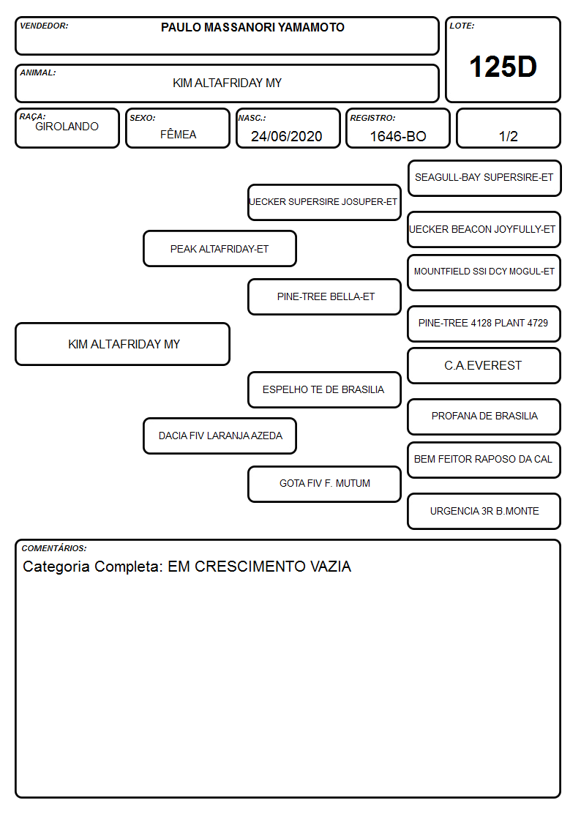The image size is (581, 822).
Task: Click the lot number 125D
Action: tap(503, 67)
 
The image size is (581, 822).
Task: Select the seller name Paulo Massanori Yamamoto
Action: tap(252, 27)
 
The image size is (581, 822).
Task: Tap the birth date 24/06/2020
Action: tap(287, 136)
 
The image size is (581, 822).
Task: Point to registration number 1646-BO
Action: tap(398, 136)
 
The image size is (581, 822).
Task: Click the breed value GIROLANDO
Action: tap(67, 127)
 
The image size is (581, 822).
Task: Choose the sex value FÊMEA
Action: tap(178, 134)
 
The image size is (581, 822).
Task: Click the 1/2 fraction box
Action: tap(508, 128)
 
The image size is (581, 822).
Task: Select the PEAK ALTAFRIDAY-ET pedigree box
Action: tap(220, 248)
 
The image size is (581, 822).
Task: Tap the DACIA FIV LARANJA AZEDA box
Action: tap(220, 436)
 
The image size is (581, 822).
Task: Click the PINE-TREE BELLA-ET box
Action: tap(324, 296)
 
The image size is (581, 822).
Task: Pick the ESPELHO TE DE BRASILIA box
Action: tap(324, 389)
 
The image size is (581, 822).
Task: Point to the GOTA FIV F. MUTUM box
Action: tap(324, 484)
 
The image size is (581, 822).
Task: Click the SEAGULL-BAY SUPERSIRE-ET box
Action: tap(484, 179)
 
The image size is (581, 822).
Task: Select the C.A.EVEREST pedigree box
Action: tap(484, 365)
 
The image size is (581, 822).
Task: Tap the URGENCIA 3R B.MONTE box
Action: tap(484, 511)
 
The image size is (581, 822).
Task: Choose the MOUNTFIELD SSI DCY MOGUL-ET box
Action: tap(484, 272)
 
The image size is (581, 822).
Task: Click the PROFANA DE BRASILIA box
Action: tap(484, 416)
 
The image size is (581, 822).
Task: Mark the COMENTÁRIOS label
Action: tap(54, 548)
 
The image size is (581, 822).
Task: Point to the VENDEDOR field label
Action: tap(44, 26)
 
